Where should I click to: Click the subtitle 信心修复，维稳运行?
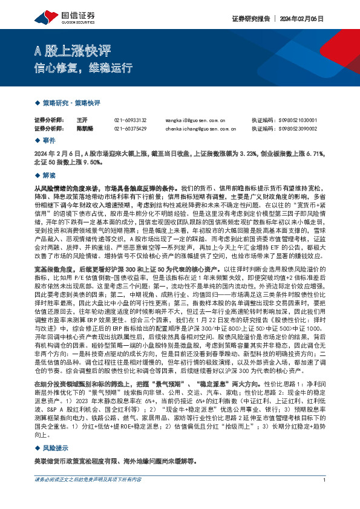tap(82, 68)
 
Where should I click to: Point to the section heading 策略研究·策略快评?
tap(71, 103)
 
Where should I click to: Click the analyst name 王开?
tap(82, 120)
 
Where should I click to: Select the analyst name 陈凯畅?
tap(85, 128)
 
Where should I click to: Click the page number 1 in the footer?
tap(325, 497)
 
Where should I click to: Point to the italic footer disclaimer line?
tap(88, 497)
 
